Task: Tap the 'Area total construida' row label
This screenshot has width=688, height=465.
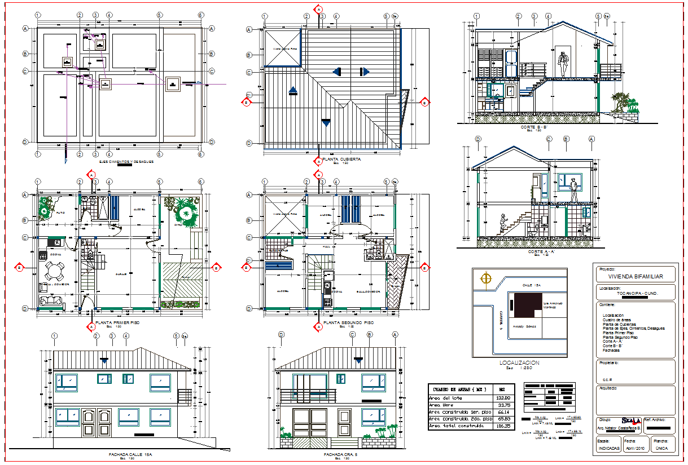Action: point(457,426)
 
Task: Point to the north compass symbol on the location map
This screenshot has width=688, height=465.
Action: point(484,278)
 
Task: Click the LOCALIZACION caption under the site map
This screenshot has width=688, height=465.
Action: point(519,363)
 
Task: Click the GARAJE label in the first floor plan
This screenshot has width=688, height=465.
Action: point(121,274)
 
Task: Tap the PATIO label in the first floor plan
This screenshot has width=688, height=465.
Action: point(60,212)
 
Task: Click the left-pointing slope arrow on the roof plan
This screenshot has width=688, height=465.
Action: point(336,72)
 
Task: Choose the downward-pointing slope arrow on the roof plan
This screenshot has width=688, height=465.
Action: point(325,122)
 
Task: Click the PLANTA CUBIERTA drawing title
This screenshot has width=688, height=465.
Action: point(342,160)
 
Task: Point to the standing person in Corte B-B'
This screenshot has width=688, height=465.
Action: point(562,63)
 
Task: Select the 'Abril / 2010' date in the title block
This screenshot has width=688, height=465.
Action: point(634,449)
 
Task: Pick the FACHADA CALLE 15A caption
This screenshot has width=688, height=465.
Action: point(130,454)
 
